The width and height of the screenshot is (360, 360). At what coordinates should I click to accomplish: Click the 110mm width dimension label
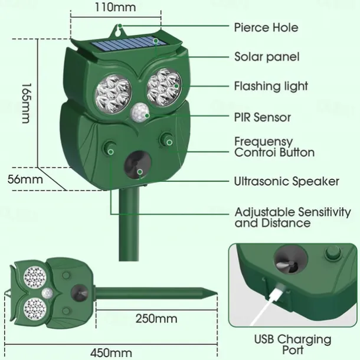(115, 8)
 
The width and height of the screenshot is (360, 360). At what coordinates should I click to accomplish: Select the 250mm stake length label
(156, 319)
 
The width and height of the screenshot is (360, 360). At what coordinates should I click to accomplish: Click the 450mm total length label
(111, 353)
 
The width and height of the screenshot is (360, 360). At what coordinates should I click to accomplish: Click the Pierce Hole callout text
(266, 27)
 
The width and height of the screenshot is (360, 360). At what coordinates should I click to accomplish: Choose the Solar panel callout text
(266, 57)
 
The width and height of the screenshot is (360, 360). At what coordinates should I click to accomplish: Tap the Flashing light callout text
(271, 86)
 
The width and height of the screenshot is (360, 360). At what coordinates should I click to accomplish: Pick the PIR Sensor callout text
(262, 117)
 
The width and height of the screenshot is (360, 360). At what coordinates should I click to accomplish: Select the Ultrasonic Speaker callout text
(286, 181)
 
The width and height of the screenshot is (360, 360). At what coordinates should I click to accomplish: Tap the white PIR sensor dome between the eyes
(140, 111)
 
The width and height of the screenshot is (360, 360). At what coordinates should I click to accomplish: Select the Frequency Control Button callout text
(274, 147)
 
